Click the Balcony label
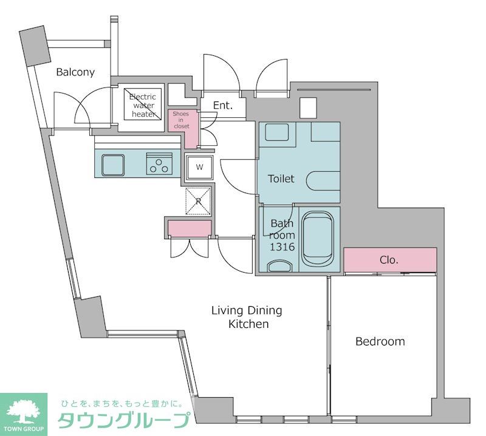pos(75,72)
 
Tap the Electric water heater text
pos(143,106)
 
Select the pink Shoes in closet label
pos(181,120)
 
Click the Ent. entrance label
pos(223,106)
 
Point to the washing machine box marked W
pos(199,168)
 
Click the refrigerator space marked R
pos(199,201)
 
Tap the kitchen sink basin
pos(113,165)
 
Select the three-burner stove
pos(159,163)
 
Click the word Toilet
pos(281,179)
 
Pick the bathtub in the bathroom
pos(318,239)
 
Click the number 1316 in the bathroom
pos(282,247)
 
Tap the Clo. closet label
pos(389,260)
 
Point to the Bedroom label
pos(380,341)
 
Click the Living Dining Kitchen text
pos(247,317)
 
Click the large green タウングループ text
pos(124,420)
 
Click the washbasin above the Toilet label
pos(277,132)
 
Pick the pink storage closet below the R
pos(190,229)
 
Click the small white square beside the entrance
pos(309,108)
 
